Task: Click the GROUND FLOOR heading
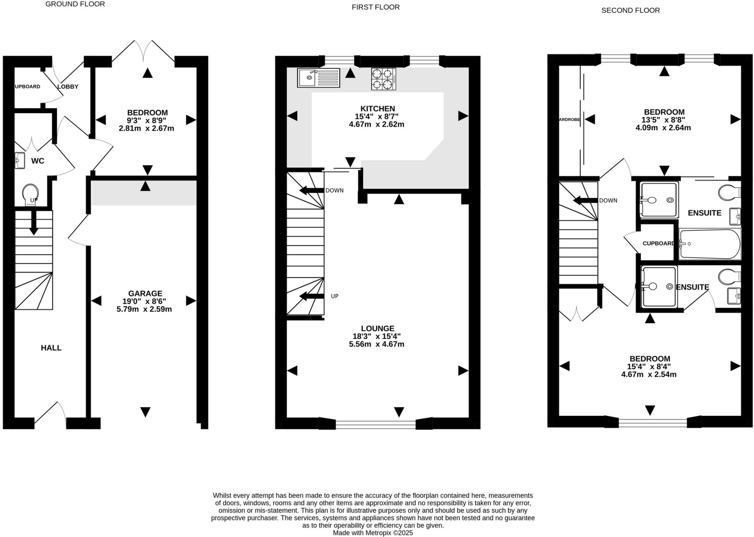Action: click(75, 4)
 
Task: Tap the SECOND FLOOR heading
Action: click(630, 10)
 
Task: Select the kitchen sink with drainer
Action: click(318, 78)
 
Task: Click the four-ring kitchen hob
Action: click(384, 79)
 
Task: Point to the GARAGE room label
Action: click(145, 293)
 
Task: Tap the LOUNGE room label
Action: click(377, 328)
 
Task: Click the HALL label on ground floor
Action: click(51, 348)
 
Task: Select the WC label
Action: click(38, 161)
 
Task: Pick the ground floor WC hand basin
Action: click(20, 160)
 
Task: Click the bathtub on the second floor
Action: click(710, 244)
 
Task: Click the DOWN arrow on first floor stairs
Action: click(312, 191)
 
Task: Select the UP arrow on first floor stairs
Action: click(312, 296)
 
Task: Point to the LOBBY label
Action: click(68, 87)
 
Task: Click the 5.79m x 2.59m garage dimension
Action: click(144, 309)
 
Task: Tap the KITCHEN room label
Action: click(378, 109)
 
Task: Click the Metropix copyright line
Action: click(373, 533)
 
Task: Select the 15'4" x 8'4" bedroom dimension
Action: click(649, 367)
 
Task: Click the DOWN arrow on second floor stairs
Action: click(585, 201)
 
